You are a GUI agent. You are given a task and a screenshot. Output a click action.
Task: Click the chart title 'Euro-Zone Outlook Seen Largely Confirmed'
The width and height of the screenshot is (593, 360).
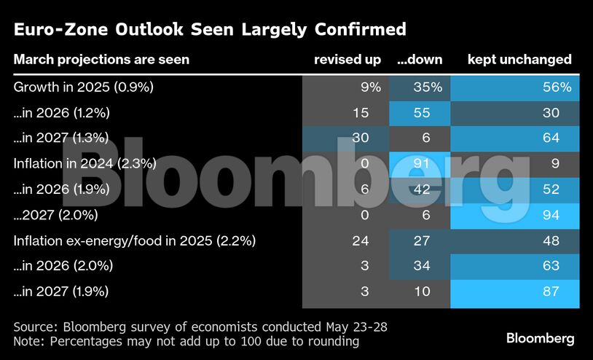tap(210, 30)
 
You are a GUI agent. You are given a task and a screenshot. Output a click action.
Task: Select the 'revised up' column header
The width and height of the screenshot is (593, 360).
tap(347, 60)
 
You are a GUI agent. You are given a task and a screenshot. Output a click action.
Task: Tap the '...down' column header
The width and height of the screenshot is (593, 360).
tap(419, 60)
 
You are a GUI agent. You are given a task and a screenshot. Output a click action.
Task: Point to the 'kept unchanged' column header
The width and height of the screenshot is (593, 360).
tap(519, 60)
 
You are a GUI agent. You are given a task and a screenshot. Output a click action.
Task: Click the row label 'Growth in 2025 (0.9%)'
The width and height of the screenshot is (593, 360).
tap(84, 87)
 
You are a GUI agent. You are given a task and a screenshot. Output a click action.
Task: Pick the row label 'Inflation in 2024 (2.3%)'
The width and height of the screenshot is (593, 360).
tap(85, 164)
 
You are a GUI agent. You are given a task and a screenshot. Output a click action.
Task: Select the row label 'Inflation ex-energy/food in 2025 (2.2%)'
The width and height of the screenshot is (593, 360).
tap(135, 240)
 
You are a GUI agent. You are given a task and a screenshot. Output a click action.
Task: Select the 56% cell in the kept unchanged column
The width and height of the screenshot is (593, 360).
tap(556, 87)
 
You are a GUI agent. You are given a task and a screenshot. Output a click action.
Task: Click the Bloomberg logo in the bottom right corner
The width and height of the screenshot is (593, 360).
tap(540, 338)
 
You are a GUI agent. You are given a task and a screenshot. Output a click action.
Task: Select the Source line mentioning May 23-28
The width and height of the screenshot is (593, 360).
tap(200, 326)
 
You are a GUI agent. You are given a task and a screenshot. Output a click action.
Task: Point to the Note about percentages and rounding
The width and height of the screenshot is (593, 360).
tap(186, 340)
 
